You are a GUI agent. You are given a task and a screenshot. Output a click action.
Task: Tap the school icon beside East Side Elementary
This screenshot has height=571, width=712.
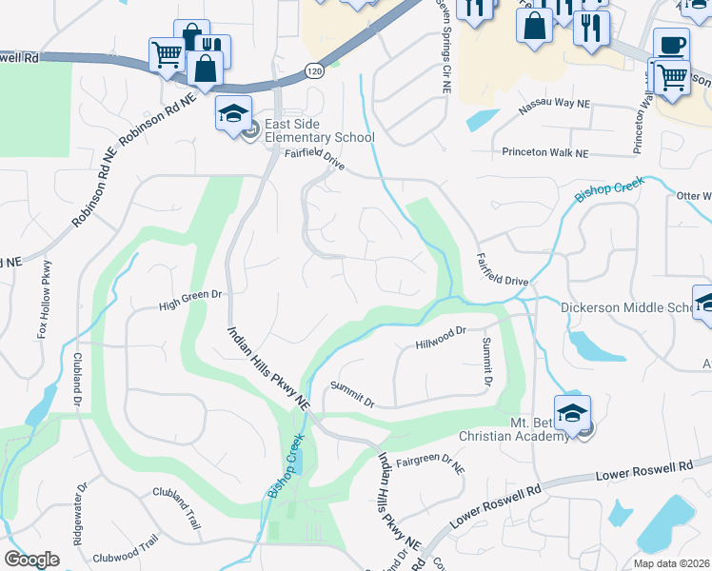(x=233, y=114)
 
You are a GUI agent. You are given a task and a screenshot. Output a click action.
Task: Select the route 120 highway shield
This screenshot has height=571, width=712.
(x=313, y=70)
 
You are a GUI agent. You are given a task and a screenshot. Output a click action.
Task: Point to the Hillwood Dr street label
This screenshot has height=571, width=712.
(x=440, y=334)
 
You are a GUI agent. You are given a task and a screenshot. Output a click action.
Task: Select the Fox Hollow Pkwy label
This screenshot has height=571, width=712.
(x=45, y=300)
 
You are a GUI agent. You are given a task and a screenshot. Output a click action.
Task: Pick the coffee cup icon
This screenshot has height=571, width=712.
(x=672, y=46)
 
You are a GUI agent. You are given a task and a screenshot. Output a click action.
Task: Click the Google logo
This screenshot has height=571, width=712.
(x=31, y=559)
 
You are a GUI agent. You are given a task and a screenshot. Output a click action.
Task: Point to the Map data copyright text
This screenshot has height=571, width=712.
(x=672, y=563)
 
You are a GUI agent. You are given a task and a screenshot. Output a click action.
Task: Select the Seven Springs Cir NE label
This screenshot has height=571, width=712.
(x=444, y=48)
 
